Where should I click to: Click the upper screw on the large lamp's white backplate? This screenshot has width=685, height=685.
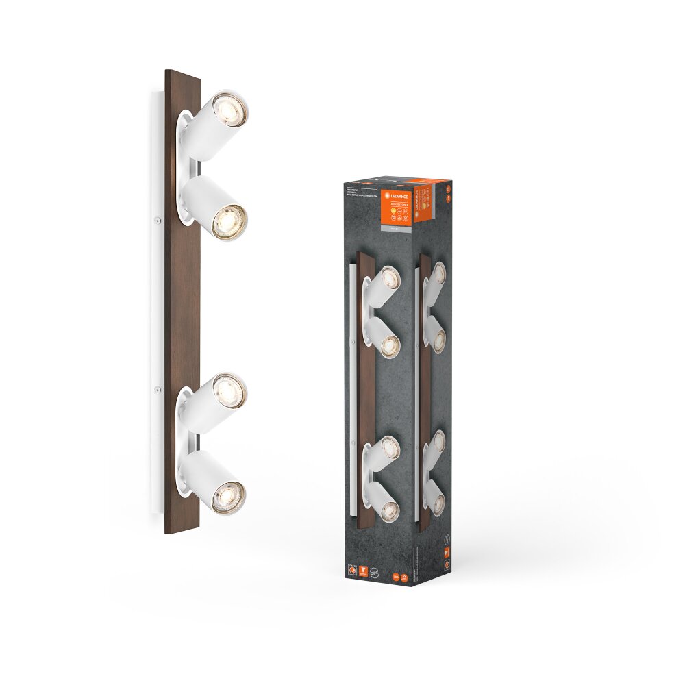tap(157, 220)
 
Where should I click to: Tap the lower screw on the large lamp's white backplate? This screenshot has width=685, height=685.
tap(157, 390)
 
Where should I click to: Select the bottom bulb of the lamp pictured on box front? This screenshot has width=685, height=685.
tap(388, 508)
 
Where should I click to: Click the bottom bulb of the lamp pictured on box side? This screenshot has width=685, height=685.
tap(438, 504)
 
